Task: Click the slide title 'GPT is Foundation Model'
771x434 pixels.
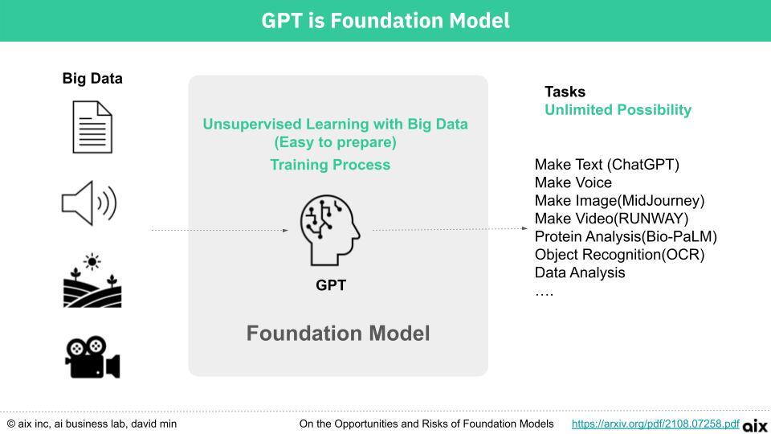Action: pyautogui.click(x=385, y=21)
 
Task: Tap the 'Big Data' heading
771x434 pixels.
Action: pyautogui.click(x=92, y=78)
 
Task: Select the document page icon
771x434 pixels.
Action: pyautogui.click(x=92, y=127)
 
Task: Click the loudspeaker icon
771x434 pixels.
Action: pyautogui.click(x=89, y=203)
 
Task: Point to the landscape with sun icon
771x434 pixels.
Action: pyautogui.click(x=92, y=280)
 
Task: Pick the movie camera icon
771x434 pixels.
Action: pyautogui.click(x=92, y=357)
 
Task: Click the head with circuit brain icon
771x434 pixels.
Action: pyautogui.click(x=330, y=231)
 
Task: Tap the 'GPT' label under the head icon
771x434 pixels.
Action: pyautogui.click(x=331, y=285)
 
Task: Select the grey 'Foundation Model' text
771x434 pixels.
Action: pyautogui.click(x=338, y=333)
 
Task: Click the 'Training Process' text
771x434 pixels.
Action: pyautogui.click(x=330, y=164)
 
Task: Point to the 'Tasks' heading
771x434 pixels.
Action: pyautogui.click(x=565, y=92)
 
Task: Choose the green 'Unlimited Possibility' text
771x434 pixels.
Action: pyautogui.click(x=618, y=110)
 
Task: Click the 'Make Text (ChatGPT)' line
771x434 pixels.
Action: pyautogui.click(x=607, y=164)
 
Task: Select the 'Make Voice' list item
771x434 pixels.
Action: pyautogui.click(x=573, y=182)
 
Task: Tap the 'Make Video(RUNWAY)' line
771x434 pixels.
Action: pyautogui.click(x=612, y=219)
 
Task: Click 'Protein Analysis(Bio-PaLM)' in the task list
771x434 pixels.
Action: pyautogui.click(x=626, y=236)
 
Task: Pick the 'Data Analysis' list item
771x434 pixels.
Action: pyautogui.click(x=580, y=272)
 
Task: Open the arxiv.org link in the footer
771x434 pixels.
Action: pyautogui.click(x=655, y=424)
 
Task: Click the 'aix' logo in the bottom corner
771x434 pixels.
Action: pyautogui.click(x=755, y=425)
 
